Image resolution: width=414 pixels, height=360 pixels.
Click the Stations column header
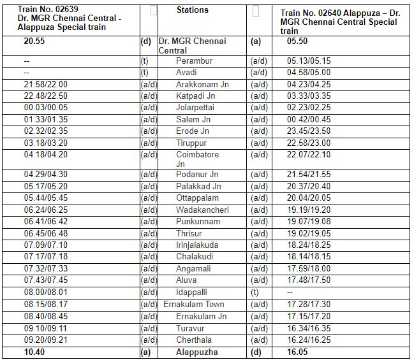192,10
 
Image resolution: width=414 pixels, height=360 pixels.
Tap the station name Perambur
194,61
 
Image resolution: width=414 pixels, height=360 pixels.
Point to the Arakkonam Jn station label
202,85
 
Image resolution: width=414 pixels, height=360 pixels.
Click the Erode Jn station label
193,131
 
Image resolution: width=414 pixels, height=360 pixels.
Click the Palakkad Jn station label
198,187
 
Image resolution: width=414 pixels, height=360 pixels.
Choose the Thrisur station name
189,234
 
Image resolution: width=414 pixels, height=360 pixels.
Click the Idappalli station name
193,292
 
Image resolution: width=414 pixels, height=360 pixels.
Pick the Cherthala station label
194,340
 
